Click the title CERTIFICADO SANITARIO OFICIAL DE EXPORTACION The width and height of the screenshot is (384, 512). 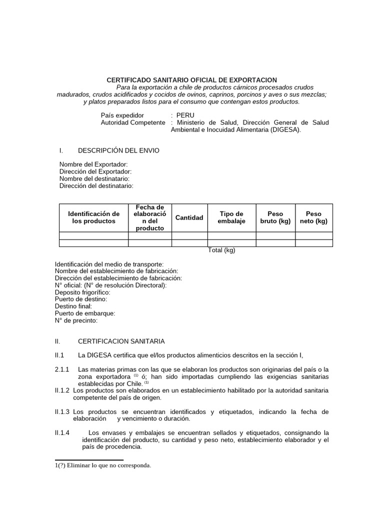191,80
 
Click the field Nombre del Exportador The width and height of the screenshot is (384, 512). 93,164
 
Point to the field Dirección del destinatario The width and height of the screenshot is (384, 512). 96,185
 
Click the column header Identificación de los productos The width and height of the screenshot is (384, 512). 93,217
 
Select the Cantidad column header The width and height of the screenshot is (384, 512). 189,217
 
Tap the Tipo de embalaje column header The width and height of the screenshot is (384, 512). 231,217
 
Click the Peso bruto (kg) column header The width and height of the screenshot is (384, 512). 275,217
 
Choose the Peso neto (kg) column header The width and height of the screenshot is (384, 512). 313,217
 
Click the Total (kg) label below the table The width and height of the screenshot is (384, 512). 221,250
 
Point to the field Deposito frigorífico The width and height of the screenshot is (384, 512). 82,292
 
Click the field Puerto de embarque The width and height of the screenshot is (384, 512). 85,313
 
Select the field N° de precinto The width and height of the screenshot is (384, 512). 76,320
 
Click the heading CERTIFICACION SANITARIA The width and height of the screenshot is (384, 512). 121,341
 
